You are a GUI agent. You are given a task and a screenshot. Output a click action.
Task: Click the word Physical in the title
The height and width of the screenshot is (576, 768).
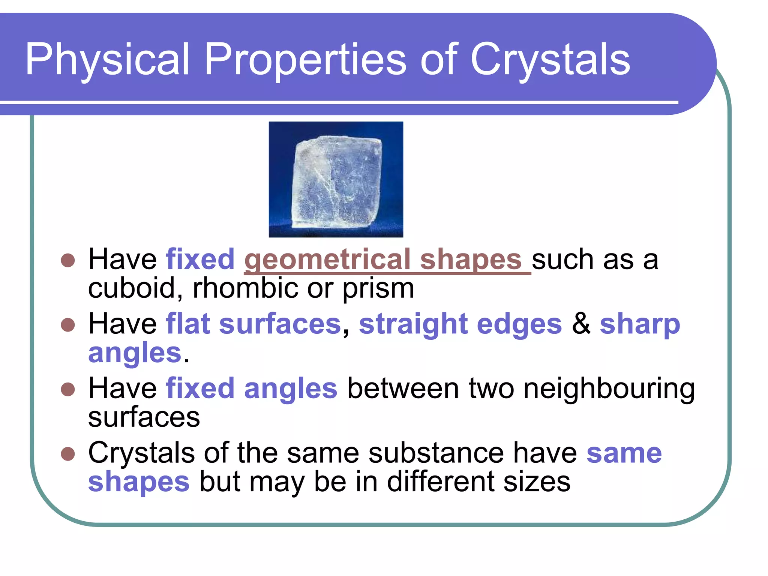[x=107, y=60]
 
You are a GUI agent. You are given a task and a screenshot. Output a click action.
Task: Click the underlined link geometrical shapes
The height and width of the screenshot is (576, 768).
[x=387, y=259]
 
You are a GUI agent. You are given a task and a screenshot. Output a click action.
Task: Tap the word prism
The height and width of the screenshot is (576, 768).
[x=378, y=289]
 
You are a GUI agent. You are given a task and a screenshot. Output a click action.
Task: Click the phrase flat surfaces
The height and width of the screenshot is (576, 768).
[x=253, y=324]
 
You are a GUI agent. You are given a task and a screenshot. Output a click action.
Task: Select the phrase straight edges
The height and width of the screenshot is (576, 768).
[x=460, y=324]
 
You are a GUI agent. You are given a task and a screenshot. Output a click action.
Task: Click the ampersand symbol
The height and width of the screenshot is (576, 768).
[x=581, y=324]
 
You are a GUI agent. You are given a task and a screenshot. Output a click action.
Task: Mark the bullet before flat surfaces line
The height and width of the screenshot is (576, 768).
[x=68, y=325]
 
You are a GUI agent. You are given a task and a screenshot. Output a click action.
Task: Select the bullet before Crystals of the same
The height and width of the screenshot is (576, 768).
[x=68, y=454]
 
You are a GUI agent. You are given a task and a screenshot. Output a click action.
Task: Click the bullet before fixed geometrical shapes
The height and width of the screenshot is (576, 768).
[x=68, y=260]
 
